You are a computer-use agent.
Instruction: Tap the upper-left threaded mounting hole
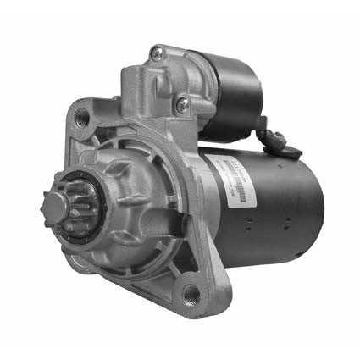click(82, 117)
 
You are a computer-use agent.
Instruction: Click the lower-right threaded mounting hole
click(191, 293)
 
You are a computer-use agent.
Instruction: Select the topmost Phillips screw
click(156, 53)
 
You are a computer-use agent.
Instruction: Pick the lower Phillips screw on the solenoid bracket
click(182, 104)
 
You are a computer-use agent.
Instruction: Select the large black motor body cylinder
click(271, 203)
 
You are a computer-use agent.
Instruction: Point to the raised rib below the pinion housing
click(127, 263)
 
